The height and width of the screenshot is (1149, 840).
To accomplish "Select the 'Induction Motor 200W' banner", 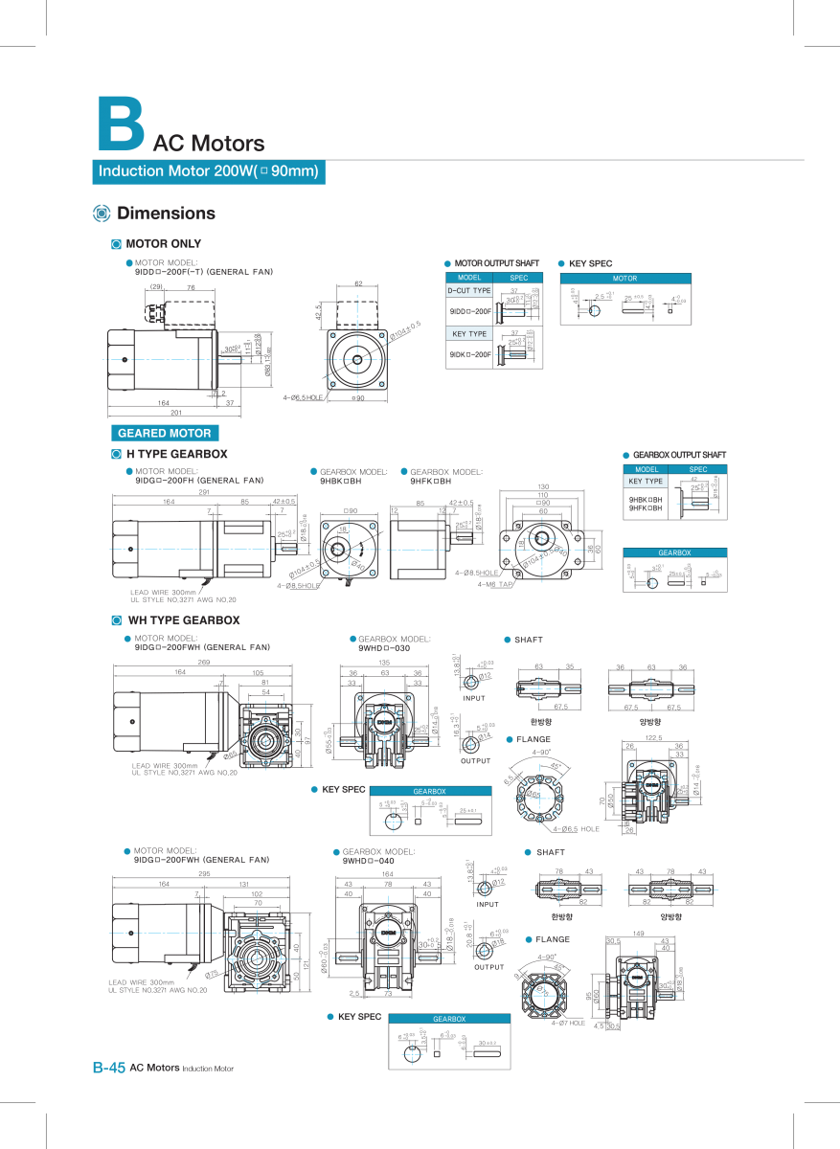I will click(209, 172).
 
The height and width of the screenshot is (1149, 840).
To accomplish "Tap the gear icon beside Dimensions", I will click(102, 214).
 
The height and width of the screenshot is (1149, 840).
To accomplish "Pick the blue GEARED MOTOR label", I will click(165, 433).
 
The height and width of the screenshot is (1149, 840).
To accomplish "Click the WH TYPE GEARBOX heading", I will click(183, 620).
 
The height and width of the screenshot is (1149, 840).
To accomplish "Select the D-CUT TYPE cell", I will click(469, 290).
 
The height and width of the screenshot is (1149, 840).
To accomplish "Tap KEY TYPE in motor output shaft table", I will click(469, 334).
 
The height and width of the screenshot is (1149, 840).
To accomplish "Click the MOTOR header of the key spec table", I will click(624, 279).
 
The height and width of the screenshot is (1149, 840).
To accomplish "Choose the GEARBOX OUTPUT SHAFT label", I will click(679, 455).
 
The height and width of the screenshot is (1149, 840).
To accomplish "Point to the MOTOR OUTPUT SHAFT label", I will click(496, 263).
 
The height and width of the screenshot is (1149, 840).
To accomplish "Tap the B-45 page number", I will click(108, 1068).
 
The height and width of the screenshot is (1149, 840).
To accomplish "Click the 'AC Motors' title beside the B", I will click(208, 144).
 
